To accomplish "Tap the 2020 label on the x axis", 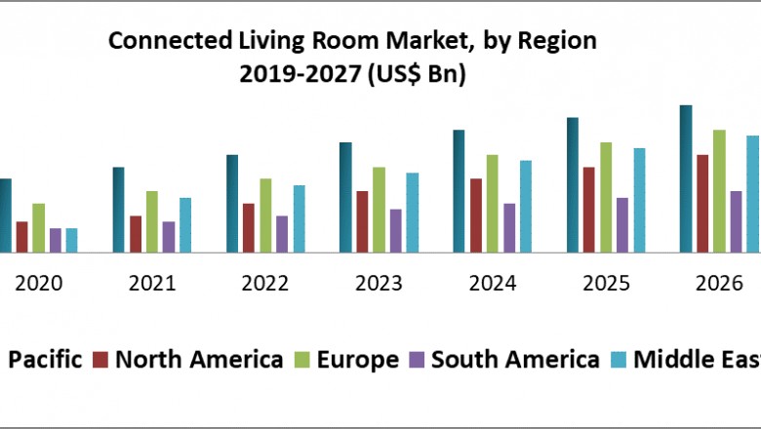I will pos(39,284).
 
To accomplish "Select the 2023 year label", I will pos(379,284).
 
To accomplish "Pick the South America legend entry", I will pos(515,360).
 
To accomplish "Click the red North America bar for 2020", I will pos(21,237).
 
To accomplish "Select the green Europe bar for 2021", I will pos(152,221).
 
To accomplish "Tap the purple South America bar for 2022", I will pos(282,234).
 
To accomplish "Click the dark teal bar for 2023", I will pos(345,197).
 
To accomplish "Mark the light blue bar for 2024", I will pos(526,206).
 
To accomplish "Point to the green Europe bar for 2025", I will pos(606,197).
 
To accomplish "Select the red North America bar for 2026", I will pos(702,203).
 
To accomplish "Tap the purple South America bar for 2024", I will pos(509,227).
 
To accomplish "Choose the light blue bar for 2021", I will pos(185,224).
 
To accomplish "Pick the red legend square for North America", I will pos(100,360).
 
